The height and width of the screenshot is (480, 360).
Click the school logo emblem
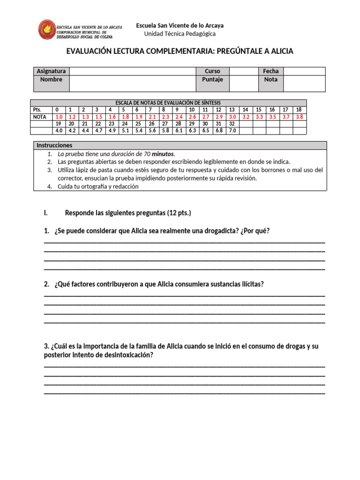(47, 29)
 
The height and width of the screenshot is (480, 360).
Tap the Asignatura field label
(51, 71)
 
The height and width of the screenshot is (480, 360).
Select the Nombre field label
(51, 80)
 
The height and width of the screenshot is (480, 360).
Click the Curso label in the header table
(212, 71)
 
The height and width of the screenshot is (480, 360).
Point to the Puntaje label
(212, 80)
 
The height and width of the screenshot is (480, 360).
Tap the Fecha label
(270, 71)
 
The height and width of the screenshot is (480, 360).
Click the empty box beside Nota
(304, 83)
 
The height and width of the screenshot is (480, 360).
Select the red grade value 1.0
(59, 117)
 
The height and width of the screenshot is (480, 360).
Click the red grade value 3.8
(299, 117)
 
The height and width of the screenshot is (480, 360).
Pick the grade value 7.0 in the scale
(232, 131)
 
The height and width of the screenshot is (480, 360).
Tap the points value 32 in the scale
(232, 124)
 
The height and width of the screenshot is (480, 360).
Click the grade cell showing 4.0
(59, 131)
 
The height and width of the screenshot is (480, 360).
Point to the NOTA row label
(40, 117)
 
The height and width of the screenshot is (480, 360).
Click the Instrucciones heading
(54, 145)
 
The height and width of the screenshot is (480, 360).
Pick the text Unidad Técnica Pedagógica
(180, 34)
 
